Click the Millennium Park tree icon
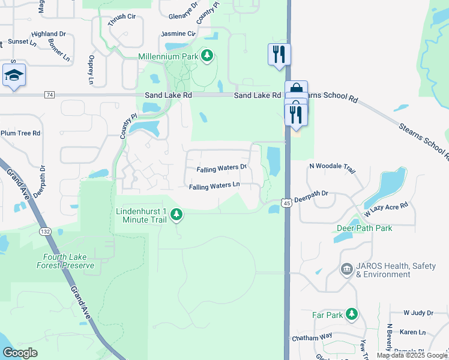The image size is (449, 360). tap(207, 56)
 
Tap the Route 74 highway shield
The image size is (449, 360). tap(50, 95)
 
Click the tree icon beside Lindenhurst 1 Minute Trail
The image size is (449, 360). tap(176, 214)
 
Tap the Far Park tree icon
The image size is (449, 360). tap(351, 314)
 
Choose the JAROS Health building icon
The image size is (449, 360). tap(346, 269)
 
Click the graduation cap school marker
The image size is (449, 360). tap(14, 75)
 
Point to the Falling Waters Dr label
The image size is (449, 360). tap(221, 169)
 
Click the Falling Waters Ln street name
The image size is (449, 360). tap(214, 187)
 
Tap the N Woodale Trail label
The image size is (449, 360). tap(333, 166)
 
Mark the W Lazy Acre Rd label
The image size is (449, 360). tap(385, 209)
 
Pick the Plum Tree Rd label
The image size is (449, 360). tap(20, 133)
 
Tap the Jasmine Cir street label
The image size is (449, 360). tap(178, 34)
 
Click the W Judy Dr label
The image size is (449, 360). tap(418, 313)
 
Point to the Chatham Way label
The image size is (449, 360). tap(312, 338)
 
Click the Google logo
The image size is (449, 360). tap(20, 353)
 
